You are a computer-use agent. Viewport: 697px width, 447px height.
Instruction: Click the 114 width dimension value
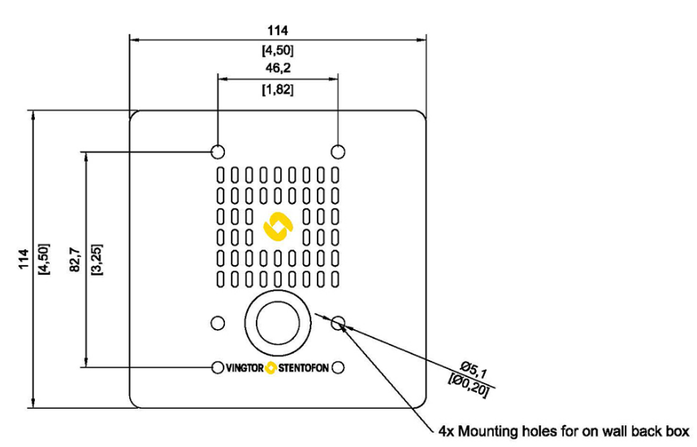tap(278, 30)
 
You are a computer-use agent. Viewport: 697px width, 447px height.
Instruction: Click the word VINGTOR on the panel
tap(244, 367)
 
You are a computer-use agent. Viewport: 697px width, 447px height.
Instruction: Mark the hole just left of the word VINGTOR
tap(218, 367)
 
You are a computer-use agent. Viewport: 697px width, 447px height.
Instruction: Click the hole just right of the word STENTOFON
tap(338, 367)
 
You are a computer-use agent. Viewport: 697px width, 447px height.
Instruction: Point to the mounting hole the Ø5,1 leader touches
tap(338, 323)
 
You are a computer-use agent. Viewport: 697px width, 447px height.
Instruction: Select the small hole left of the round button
tap(217, 323)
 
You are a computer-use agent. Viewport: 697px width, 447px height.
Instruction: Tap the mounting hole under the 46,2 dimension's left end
tap(217, 151)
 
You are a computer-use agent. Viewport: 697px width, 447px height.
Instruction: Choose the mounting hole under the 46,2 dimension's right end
tap(338, 151)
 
